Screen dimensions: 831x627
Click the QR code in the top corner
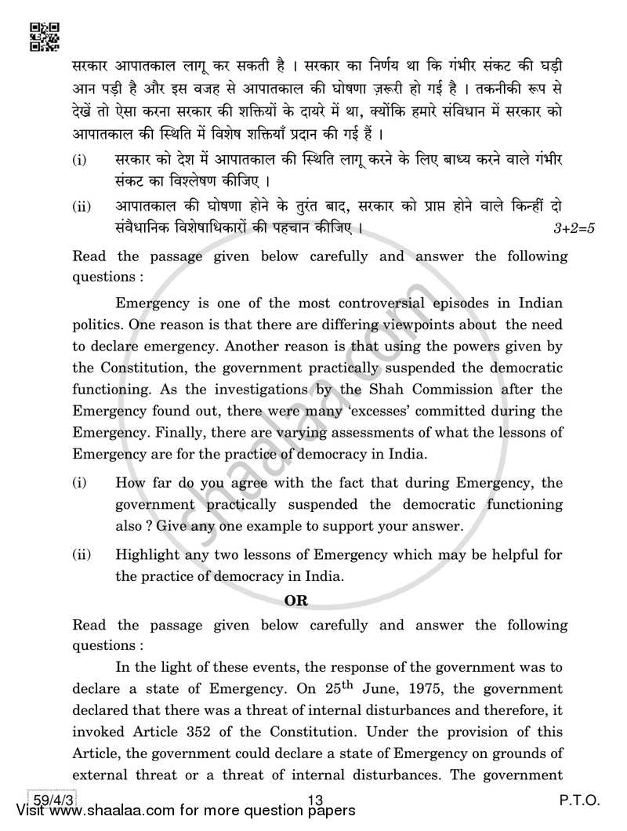44,35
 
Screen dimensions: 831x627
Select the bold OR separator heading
318,602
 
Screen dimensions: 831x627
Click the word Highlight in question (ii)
147,555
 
